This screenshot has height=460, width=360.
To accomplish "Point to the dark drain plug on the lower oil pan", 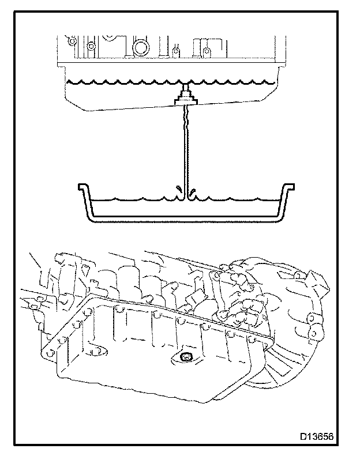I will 186,358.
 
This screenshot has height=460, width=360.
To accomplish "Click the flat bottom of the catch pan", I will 185,219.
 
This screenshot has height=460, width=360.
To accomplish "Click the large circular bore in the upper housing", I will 140,46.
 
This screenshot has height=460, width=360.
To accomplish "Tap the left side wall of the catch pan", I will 87,205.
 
